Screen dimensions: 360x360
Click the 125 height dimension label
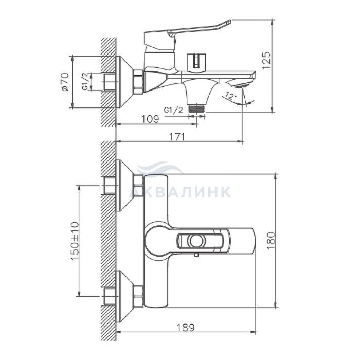[x=266, y=61]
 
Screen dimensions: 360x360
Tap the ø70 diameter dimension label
[x=65, y=81]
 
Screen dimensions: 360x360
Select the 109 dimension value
[x=150, y=119]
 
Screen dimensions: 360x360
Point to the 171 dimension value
[x=177, y=137]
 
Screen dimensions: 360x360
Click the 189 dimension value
[x=186, y=328]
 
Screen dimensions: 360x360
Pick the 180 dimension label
[x=271, y=241]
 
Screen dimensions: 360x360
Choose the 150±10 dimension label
[x=75, y=241]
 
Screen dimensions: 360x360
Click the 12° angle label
[x=230, y=96]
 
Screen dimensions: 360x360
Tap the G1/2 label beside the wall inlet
[x=85, y=81]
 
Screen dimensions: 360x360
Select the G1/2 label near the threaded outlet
[x=174, y=110]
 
